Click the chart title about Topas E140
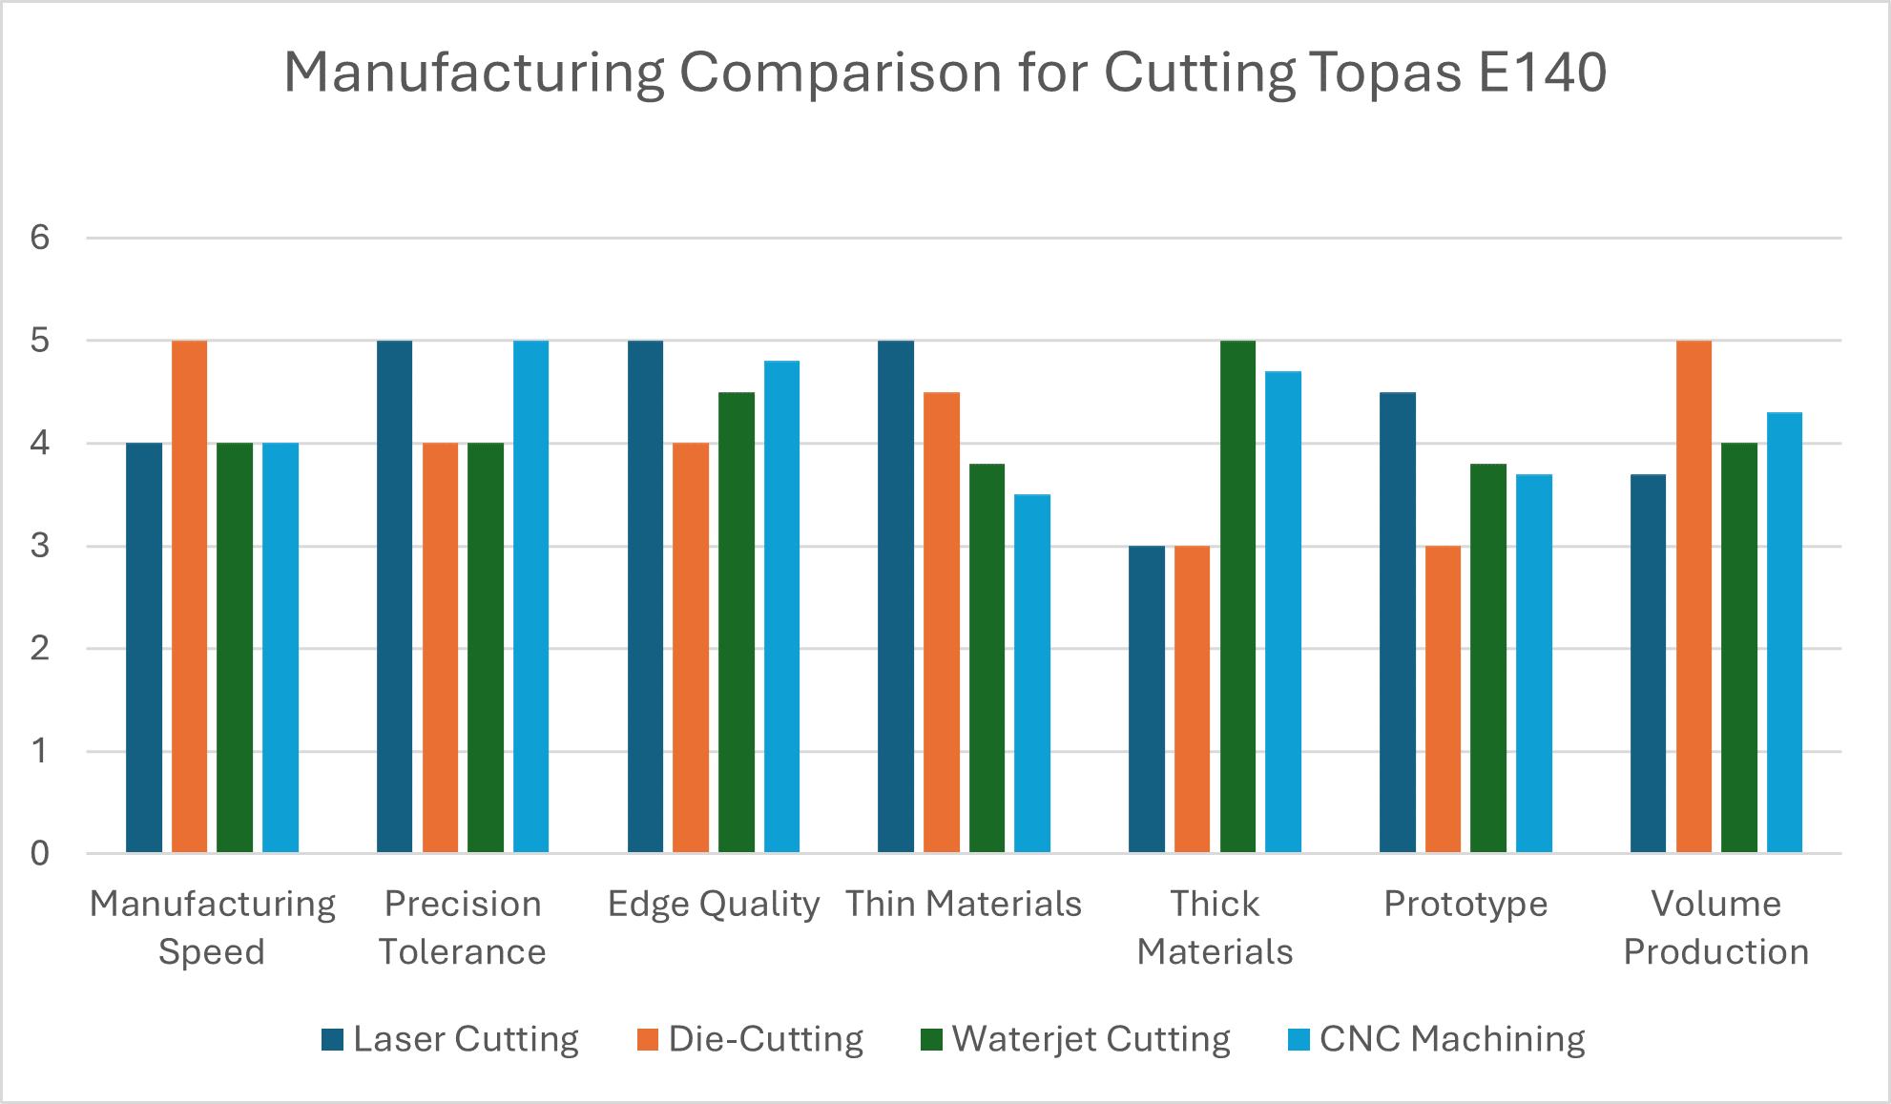(945, 73)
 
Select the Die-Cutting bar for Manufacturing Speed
(189, 596)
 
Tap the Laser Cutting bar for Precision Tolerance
(394, 596)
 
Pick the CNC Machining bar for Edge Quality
(781, 607)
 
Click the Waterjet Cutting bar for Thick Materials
(1237, 596)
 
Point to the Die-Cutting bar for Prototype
(1443, 699)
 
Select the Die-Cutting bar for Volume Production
(1694, 596)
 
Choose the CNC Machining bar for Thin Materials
(1032, 674)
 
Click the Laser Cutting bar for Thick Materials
(1147, 699)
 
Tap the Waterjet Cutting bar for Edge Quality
(736, 622)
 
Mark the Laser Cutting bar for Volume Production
(1648, 663)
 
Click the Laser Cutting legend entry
(450, 1039)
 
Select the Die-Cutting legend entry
(750, 1039)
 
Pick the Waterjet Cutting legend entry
(1075, 1039)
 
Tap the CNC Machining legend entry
(1436, 1039)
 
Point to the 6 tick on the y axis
(40, 238)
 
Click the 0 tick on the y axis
(40, 853)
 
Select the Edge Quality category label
(714, 904)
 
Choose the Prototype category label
(1465, 904)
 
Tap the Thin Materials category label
(964, 904)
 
